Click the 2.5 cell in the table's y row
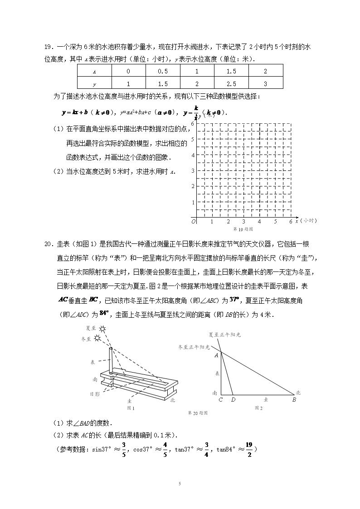point(231,84)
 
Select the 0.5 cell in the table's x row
point(163,71)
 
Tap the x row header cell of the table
point(94,71)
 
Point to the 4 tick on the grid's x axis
point(259,222)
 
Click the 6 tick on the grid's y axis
point(193,123)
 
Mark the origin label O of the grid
point(193,222)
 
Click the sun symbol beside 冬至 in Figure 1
point(97,339)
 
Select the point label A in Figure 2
point(216,355)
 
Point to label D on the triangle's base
point(233,400)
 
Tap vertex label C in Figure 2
point(220,400)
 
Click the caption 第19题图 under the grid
point(242,229)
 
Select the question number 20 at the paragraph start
point(48,244)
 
